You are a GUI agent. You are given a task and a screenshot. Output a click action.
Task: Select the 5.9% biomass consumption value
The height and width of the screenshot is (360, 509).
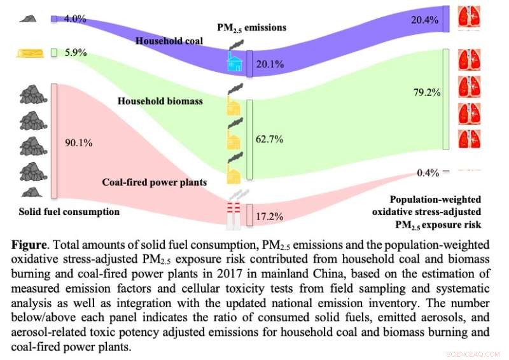76,52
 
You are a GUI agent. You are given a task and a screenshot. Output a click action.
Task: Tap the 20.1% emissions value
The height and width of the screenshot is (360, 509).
270,64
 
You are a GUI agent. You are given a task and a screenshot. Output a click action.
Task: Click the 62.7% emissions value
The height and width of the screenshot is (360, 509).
270,139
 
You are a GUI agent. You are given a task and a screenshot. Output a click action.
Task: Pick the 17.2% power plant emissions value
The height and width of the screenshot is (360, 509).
270,216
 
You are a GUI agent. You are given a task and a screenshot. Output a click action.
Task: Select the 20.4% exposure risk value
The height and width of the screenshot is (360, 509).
425,20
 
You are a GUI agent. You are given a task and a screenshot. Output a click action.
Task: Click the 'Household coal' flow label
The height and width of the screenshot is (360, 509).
169,41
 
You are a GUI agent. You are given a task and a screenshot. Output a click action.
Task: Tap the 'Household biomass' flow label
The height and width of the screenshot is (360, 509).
151,100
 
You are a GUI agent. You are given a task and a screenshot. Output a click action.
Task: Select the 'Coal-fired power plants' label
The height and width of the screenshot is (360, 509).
155,182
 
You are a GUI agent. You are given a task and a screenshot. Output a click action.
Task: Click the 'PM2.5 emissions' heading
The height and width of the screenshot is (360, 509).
252,27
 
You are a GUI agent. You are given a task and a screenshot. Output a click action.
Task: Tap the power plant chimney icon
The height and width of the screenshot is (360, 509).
235,212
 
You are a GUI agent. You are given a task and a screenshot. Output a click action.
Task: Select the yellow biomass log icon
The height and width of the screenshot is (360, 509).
28,52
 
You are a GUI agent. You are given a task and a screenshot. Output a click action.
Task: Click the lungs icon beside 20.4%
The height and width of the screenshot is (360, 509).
470,19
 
